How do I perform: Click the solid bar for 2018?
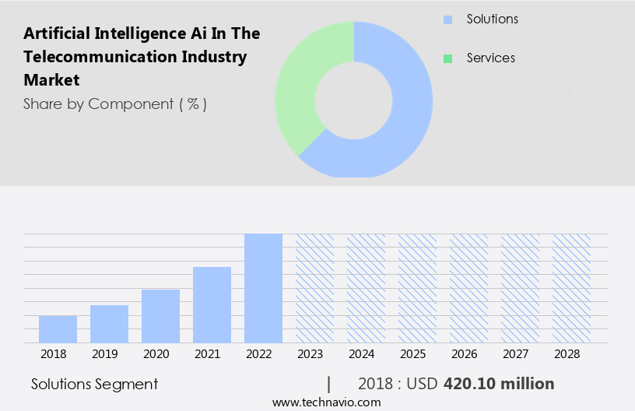click(x=58, y=328)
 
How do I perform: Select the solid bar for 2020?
click(x=160, y=316)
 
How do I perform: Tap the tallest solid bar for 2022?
click(x=263, y=288)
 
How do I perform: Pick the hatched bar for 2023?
click(x=314, y=288)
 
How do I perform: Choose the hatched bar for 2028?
click(x=571, y=288)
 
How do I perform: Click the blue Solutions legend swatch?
click(x=447, y=19)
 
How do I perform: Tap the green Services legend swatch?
click(x=447, y=58)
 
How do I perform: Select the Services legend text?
click(x=490, y=58)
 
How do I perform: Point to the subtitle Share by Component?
click(x=114, y=104)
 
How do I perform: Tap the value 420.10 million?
click(x=499, y=384)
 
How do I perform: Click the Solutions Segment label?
click(x=94, y=384)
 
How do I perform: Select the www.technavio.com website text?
click(x=326, y=402)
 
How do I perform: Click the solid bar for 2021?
click(x=212, y=304)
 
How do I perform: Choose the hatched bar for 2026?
click(x=468, y=288)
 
